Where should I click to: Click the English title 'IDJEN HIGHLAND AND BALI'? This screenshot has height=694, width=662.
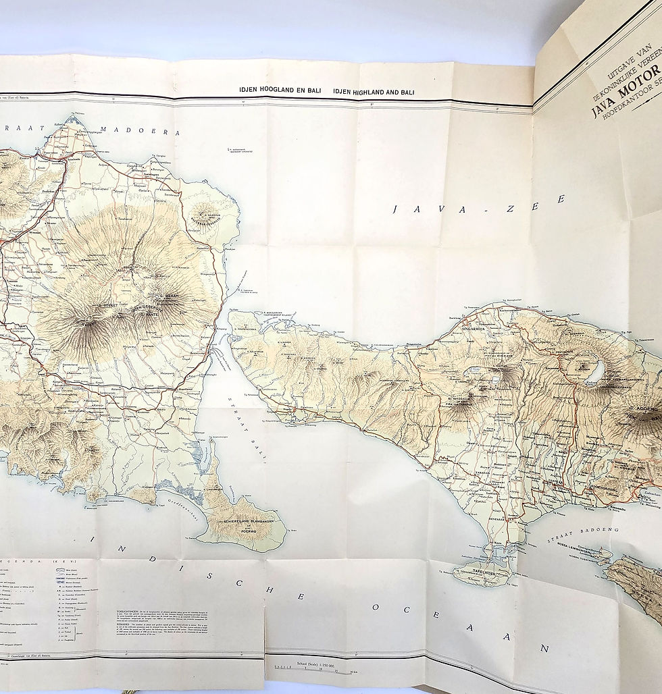(374, 92)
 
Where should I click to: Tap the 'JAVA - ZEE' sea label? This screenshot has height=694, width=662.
(479, 205)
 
